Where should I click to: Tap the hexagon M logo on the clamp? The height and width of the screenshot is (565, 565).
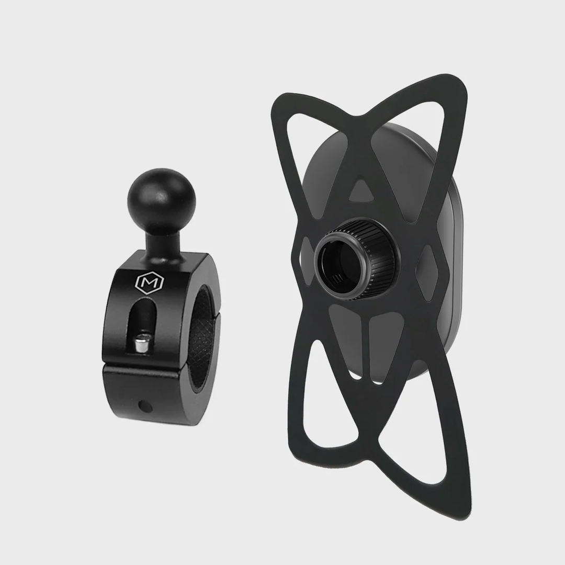coord(150,283)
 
